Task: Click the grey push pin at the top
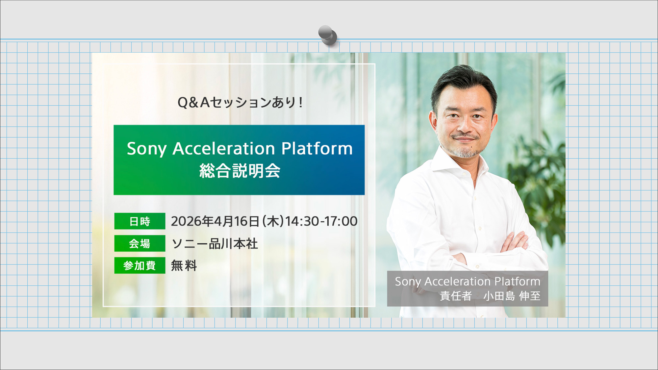327,35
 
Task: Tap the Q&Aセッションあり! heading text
240,103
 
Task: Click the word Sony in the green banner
147,149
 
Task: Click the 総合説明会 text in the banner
240,171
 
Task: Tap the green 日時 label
140,221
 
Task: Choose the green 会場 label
140,243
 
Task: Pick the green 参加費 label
140,265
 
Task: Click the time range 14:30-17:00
321,221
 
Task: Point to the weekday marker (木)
273,221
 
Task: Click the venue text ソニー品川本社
215,244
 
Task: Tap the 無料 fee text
184,265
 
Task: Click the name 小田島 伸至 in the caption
512,296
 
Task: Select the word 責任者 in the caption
456,296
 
